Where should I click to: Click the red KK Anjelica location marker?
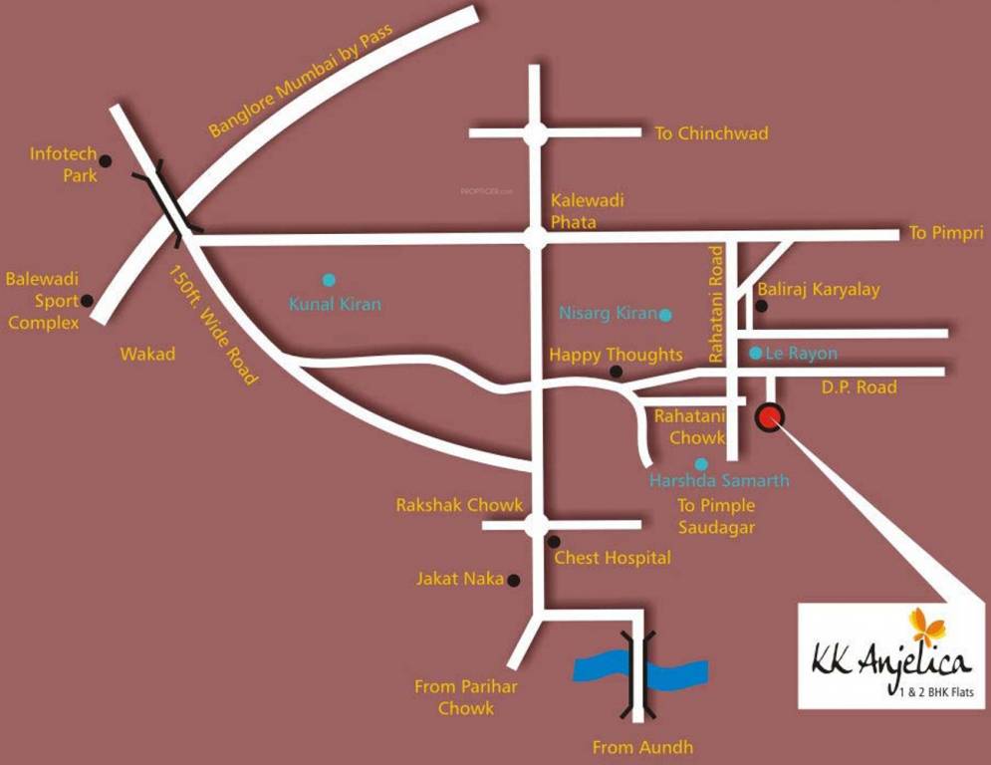pos(770,417)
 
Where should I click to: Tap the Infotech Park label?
pos(64,164)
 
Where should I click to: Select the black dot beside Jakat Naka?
pos(514,580)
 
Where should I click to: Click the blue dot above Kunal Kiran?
pos(329,280)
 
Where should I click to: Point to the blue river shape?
pos(639,667)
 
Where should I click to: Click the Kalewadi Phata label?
pos(588,211)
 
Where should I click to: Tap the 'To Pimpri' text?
pos(946,234)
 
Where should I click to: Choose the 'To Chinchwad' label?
pos(711,133)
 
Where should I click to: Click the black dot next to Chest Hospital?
pos(554,541)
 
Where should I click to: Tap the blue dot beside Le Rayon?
pos(755,353)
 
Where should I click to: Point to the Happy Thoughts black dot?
pos(616,372)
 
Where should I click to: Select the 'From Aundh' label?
pos(642,747)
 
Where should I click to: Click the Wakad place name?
pos(147,354)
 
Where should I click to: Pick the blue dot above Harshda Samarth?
pos(701,464)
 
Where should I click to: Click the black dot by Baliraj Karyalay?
pos(762,306)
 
